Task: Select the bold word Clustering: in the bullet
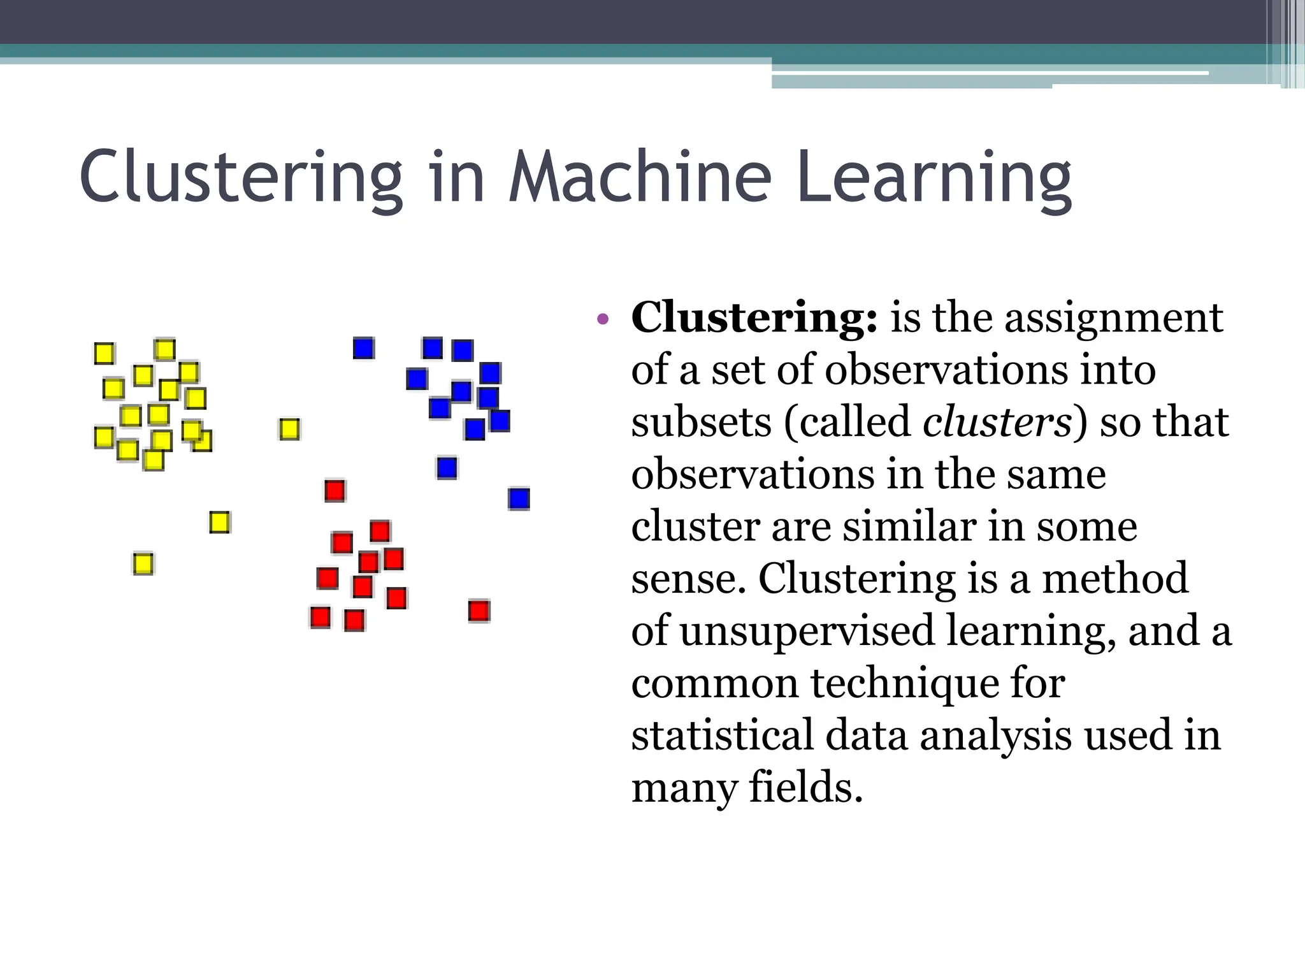(x=754, y=317)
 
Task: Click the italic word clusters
(x=997, y=423)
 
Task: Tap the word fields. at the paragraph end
(x=805, y=788)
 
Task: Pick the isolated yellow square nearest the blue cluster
(x=289, y=429)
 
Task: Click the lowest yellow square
(x=143, y=564)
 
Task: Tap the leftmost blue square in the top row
(x=364, y=348)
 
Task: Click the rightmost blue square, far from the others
(x=519, y=498)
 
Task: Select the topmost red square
(x=335, y=491)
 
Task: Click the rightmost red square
(x=479, y=611)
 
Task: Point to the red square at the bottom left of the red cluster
(x=320, y=617)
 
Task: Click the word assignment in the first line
(x=1114, y=317)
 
